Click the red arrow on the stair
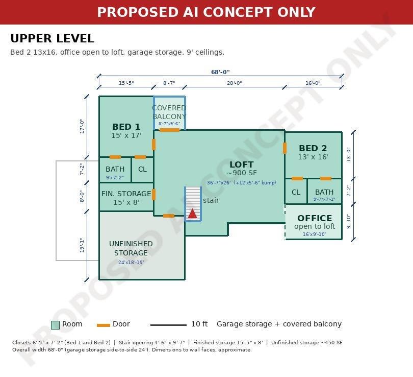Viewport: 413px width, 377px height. pos(193,214)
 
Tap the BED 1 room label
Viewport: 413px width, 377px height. pos(126,127)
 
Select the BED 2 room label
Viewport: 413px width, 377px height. pos(313,148)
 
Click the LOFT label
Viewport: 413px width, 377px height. pos(242,164)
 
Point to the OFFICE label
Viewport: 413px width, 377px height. pos(315,218)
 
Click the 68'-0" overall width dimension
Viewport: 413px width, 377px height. pos(220,72)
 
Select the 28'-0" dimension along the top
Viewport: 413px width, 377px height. pos(235,83)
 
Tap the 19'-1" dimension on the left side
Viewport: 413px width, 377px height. pos(82,245)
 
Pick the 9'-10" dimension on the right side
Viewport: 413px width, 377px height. pos(348,221)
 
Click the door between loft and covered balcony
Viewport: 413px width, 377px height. pos(170,130)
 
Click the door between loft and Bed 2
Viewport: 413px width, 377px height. pos(285,148)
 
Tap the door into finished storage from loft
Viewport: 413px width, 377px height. pos(153,195)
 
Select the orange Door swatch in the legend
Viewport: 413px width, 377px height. pos(103,325)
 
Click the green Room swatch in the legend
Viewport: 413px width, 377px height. pos(55,325)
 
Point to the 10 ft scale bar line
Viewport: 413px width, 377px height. pos(168,325)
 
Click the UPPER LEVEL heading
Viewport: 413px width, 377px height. pos(52,38)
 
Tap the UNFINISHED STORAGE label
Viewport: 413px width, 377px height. pos(131,248)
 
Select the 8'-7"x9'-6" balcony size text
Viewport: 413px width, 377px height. pos(169,124)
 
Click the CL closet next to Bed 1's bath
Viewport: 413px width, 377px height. pos(142,169)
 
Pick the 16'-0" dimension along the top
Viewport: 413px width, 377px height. pos(313,83)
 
